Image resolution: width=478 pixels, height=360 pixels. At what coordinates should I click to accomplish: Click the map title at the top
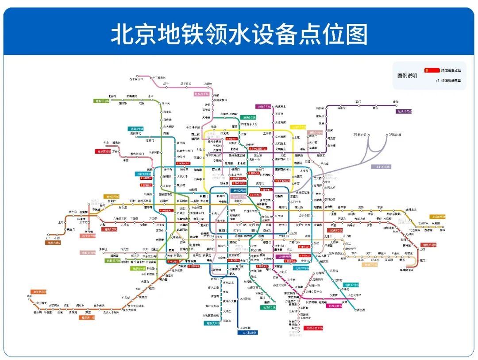point(239,34)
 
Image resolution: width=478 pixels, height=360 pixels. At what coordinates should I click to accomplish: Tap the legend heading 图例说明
point(407,76)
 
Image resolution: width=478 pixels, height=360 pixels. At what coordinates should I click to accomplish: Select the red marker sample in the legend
point(432,70)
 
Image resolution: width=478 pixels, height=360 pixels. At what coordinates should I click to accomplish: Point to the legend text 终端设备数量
point(451,81)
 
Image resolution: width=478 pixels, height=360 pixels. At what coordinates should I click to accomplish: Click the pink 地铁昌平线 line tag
point(201,94)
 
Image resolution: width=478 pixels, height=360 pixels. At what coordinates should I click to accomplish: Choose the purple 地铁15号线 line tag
point(406,111)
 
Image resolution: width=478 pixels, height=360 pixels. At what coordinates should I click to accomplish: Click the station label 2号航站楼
point(359,135)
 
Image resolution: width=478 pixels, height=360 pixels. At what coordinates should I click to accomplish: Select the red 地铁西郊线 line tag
point(103,151)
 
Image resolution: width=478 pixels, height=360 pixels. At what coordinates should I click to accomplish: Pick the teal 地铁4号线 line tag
point(136,129)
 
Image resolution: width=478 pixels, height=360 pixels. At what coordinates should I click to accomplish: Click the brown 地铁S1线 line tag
point(52,243)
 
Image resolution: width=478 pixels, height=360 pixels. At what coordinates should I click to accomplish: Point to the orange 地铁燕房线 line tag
point(36,292)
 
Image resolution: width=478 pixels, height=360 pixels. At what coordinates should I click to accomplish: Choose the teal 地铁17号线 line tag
point(352,284)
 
